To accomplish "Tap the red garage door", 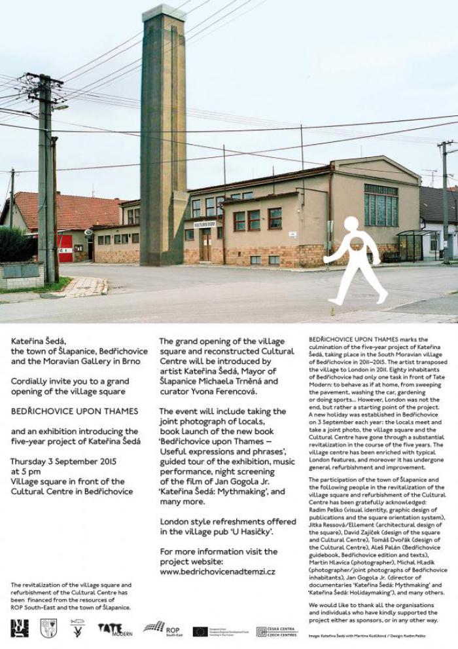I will point(65,249).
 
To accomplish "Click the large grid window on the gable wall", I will point(381,205).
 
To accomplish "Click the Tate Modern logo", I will point(114,629).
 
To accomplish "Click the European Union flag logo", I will point(200,631).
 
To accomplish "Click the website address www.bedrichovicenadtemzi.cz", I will point(217,571).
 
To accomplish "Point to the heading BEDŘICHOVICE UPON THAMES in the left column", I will point(75,411).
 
